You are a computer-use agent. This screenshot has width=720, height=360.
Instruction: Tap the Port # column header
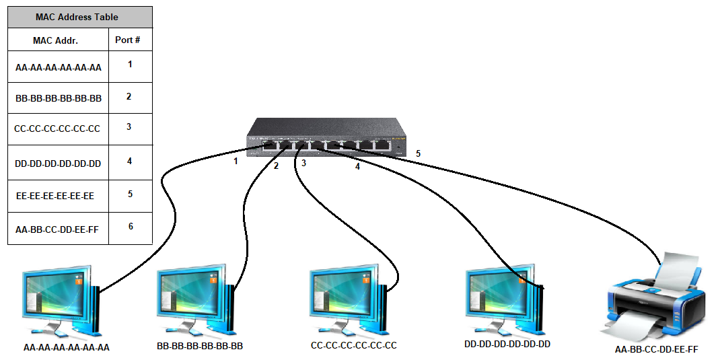pos(128,40)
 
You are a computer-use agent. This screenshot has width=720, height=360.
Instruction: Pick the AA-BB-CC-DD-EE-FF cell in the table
pos(57,229)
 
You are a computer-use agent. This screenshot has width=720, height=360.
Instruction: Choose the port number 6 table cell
pos(130,227)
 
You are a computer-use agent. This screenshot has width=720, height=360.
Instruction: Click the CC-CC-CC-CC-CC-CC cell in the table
pos(57,129)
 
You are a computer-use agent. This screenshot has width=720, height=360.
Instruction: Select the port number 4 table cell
pos(129,161)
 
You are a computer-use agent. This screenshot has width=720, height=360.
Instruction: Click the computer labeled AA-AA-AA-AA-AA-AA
pos(61,303)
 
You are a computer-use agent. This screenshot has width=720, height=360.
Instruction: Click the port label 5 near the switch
pos(418,154)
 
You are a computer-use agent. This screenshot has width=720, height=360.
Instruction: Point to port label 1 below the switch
pos(236,161)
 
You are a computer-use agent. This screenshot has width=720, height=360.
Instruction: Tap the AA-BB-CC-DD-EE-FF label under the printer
pos(656,349)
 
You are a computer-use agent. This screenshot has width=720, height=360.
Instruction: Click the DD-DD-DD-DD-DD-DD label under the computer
pos(507,345)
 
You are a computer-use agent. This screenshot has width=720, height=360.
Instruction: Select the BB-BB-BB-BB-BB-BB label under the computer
pos(199,347)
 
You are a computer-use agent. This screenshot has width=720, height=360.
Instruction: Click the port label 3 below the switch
pos(303,164)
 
